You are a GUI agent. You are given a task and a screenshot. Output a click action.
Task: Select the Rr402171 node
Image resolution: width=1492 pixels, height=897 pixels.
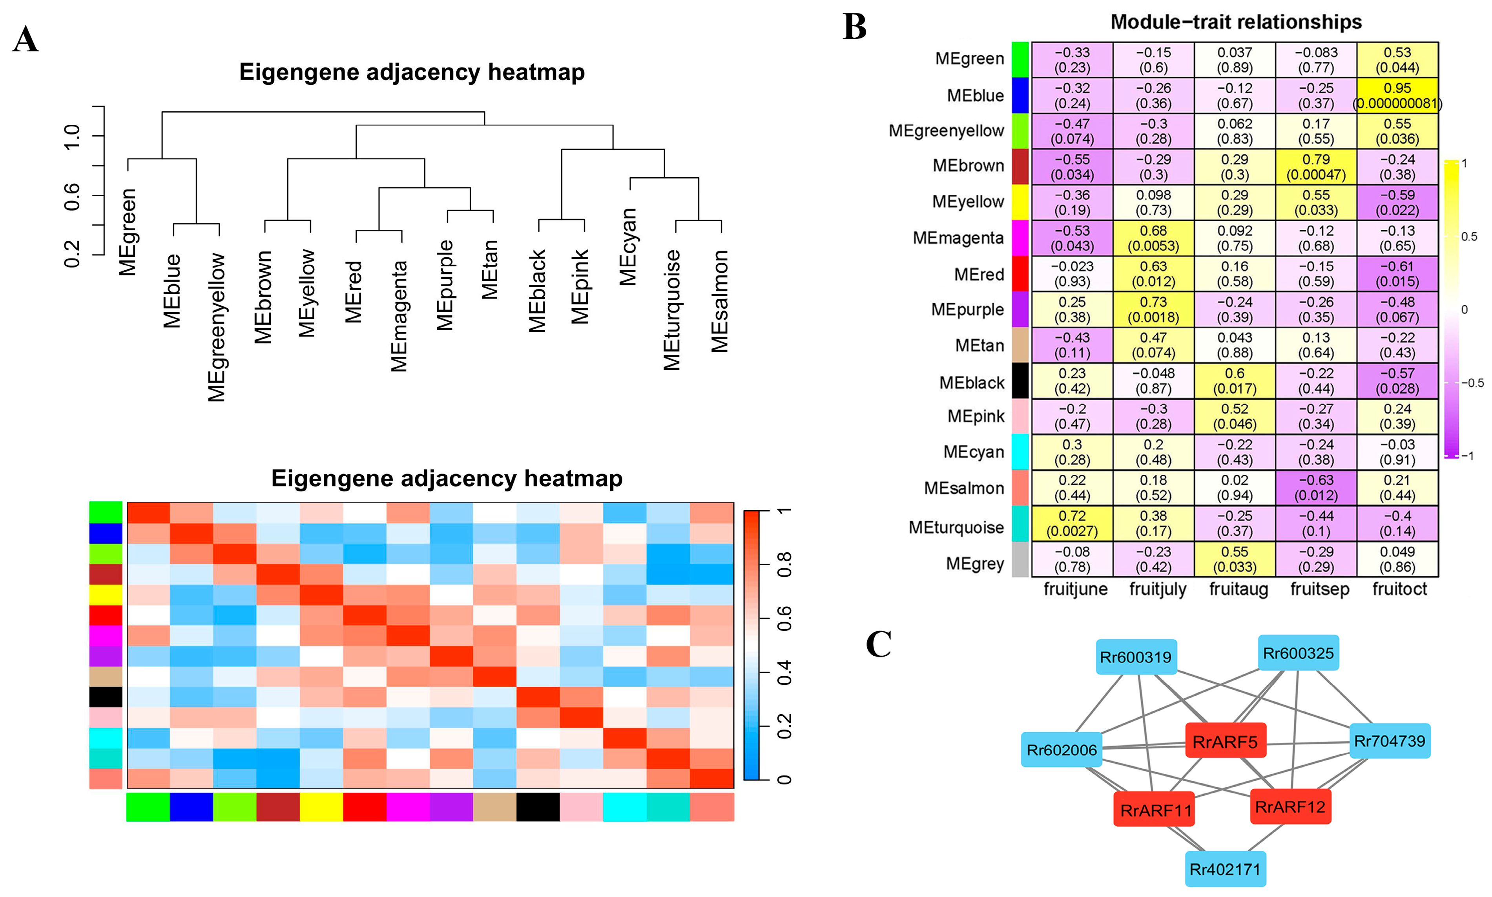[1225, 869]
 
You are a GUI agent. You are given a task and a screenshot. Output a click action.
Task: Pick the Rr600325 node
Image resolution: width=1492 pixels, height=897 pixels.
[1298, 653]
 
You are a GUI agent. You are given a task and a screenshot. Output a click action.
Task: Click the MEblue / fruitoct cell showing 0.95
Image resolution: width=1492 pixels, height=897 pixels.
[1397, 95]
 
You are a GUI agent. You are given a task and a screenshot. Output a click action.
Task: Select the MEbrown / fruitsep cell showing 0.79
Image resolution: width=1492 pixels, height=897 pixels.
[1316, 166]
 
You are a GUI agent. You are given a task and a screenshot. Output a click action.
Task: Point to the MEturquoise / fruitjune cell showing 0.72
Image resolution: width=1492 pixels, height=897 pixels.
[1072, 524]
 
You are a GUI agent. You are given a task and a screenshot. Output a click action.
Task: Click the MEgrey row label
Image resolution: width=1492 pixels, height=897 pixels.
[974, 563]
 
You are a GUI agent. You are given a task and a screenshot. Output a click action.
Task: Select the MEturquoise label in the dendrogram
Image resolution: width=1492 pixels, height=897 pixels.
[672, 309]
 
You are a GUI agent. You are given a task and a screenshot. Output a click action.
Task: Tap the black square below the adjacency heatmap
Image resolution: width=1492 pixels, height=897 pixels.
[538, 807]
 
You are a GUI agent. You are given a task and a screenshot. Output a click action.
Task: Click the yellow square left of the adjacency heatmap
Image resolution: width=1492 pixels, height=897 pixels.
[106, 594]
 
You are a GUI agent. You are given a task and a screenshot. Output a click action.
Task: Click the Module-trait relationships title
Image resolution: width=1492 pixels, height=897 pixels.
[1236, 22]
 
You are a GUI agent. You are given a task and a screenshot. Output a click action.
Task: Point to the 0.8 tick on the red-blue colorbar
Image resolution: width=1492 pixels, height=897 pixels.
[784, 564]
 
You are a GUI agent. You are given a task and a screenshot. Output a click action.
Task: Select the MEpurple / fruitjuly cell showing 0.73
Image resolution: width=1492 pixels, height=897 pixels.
[1153, 309]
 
